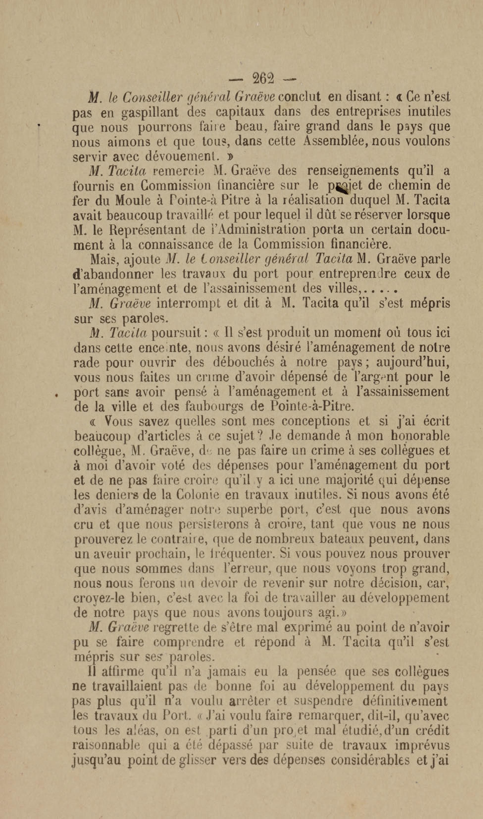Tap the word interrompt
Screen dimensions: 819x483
[x=188, y=303]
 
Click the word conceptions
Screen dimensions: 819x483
[x=315, y=421]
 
